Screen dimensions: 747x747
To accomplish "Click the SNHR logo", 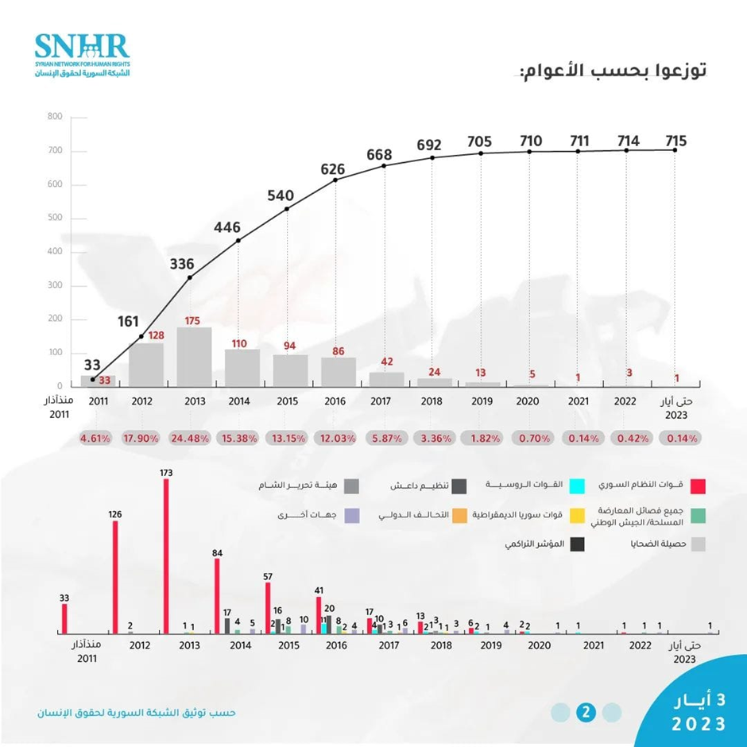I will coord(82,55).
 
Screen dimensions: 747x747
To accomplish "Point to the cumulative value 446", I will coord(227,228).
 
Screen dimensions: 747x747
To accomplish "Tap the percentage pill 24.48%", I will coord(191,438).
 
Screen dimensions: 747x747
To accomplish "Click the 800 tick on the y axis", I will coord(55,117).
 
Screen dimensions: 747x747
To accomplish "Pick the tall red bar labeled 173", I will coord(166,556).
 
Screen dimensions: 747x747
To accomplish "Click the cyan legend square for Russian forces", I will coord(580,485).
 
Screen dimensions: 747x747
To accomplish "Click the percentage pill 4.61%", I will coord(95,438).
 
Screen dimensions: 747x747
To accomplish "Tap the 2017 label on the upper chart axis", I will coord(384,402).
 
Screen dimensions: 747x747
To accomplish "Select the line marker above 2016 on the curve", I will coord(335,180).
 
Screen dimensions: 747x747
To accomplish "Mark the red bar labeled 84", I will coord(217,596).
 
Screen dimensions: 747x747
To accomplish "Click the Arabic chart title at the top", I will coord(613,71).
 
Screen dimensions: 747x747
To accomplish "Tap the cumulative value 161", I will coord(129,322).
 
